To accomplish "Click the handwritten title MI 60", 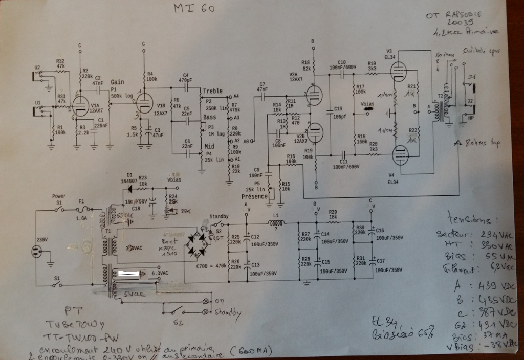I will click(x=193, y=9).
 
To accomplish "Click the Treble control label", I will click(x=212, y=91).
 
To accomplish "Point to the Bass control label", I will click(x=209, y=117).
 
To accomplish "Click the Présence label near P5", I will click(x=255, y=196).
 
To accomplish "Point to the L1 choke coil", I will click(x=277, y=223).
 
